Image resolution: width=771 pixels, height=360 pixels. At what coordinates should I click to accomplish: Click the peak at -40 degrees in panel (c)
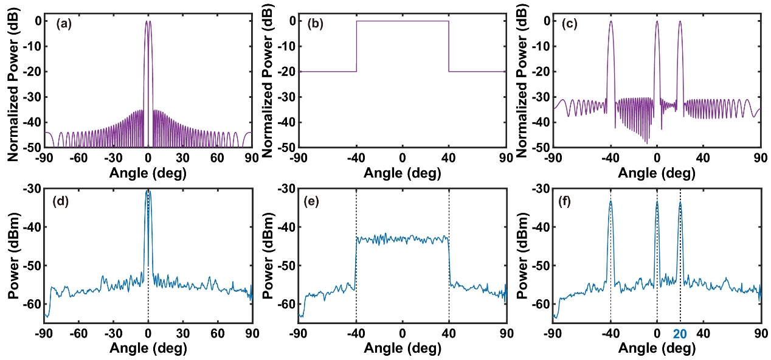610,22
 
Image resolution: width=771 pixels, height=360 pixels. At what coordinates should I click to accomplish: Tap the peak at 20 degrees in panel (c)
680,22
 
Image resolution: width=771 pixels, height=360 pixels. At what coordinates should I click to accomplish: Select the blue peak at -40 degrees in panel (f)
610,202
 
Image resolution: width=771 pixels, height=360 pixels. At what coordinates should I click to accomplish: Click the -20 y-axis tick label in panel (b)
286,72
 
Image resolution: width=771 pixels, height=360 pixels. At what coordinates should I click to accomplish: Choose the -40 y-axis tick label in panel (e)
286,227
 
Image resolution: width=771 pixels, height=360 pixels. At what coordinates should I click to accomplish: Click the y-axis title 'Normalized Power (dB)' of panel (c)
521,82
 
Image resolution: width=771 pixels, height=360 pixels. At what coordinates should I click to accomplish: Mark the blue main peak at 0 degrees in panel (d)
148,192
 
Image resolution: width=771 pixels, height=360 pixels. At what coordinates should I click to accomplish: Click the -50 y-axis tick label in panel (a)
32,147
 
